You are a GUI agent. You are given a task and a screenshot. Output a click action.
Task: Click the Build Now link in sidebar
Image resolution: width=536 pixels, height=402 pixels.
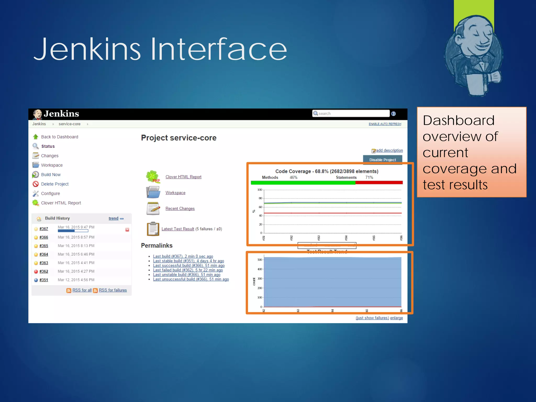coord(51,175)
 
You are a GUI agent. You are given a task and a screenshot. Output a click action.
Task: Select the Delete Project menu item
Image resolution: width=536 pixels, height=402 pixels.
coord(55,184)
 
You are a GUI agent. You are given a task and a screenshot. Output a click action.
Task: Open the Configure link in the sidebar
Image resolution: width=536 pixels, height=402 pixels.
coord(50,193)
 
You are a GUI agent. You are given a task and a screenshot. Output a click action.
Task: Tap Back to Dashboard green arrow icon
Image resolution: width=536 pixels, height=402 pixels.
coord(36,137)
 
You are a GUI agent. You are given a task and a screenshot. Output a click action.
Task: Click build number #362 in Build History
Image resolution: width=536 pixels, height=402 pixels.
coord(44,271)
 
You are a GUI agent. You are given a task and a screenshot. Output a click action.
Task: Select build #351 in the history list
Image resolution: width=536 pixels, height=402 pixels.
coord(44,280)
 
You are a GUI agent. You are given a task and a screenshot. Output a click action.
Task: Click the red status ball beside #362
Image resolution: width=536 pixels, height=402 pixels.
coord(36,271)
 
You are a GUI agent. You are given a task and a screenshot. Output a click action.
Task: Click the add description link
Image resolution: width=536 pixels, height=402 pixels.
coord(389,150)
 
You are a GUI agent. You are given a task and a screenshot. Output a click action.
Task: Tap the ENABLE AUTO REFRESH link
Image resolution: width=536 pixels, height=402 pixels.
coord(385,124)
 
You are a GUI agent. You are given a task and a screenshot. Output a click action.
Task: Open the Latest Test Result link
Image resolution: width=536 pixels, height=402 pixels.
coord(178,229)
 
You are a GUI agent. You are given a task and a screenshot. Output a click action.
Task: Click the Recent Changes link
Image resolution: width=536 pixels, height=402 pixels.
coord(180,209)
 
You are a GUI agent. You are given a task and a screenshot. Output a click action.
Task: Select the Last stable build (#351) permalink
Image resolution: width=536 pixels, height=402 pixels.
coord(188,261)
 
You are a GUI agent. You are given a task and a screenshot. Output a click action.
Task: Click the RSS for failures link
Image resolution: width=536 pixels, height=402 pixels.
coord(113,290)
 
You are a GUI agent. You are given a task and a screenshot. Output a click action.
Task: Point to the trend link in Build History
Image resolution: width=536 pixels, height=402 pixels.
coord(113,218)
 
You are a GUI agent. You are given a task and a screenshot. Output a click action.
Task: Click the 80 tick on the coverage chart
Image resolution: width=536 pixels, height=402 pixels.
coord(260,198)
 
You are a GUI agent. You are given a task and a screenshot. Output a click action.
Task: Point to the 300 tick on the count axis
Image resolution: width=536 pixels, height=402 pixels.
coord(260,278)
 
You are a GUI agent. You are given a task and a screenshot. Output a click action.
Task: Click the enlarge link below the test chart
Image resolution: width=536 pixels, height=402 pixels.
coord(397,318)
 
